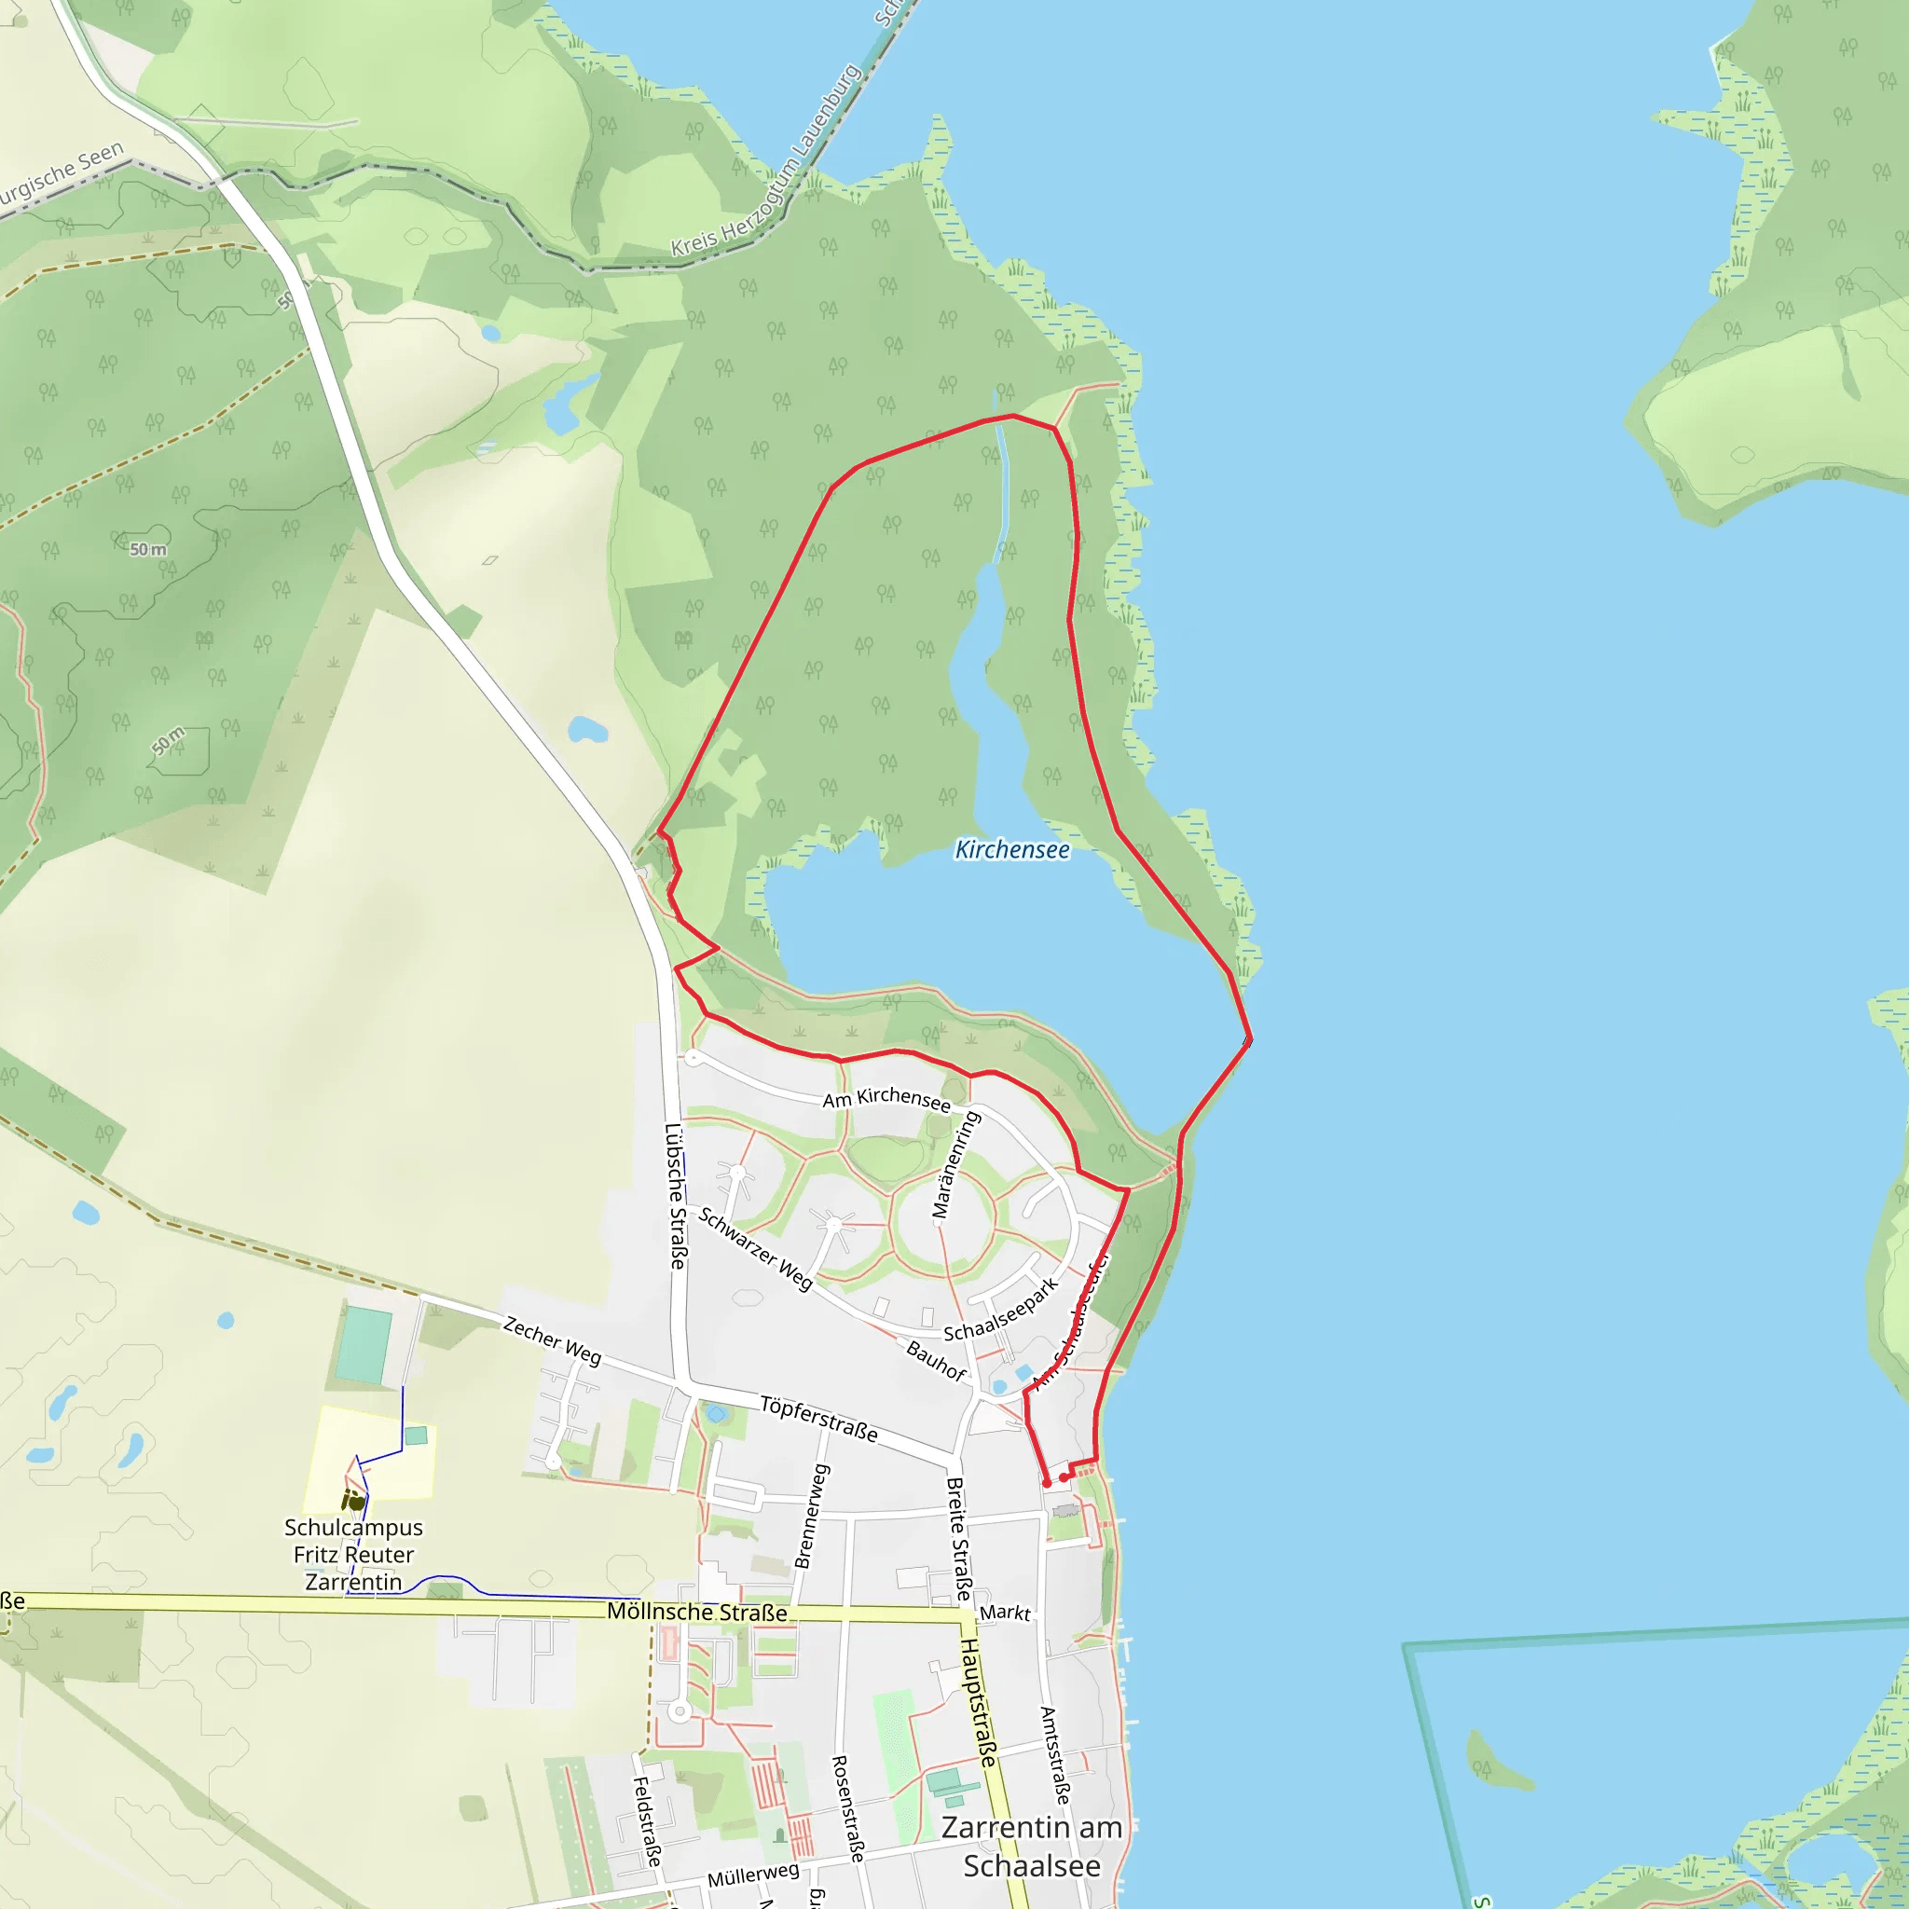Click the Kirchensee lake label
(1011, 850)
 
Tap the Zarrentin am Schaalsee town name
(1032, 1847)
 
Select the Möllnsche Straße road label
(696, 1612)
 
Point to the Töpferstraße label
(818, 1419)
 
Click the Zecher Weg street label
(553, 1340)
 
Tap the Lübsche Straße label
(676, 1196)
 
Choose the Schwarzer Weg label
(756, 1248)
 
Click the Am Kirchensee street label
(886, 1099)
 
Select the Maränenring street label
(955, 1165)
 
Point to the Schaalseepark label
(1001, 1310)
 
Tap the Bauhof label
(936, 1361)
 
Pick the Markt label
(1005, 1613)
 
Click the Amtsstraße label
(1054, 1755)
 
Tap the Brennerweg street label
(811, 1516)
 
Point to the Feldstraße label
(646, 1821)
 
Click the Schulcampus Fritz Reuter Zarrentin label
(353, 1554)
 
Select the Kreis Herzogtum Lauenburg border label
(766, 161)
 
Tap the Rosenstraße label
(848, 1808)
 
